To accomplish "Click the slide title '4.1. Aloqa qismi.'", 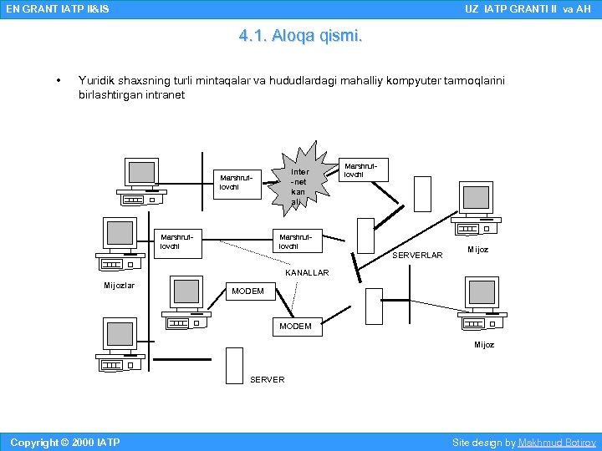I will tap(300, 36).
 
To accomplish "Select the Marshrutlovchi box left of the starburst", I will tap(237, 182).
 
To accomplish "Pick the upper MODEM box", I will tap(247, 291).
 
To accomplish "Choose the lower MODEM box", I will tap(296, 326).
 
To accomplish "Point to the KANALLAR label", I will tap(307, 273).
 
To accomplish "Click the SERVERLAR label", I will tap(417, 256).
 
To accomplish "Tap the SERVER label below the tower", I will tap(267, 380).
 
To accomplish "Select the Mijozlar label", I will tap(120, 286).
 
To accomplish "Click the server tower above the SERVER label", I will tap(234, 365).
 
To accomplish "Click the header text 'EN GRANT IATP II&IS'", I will tap(57, 9).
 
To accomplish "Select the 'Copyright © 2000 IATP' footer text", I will tap(64, 442).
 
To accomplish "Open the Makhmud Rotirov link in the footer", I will tap(557, 442).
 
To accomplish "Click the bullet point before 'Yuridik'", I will tap(58, 81).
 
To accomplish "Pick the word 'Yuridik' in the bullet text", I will tap(95, 81).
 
